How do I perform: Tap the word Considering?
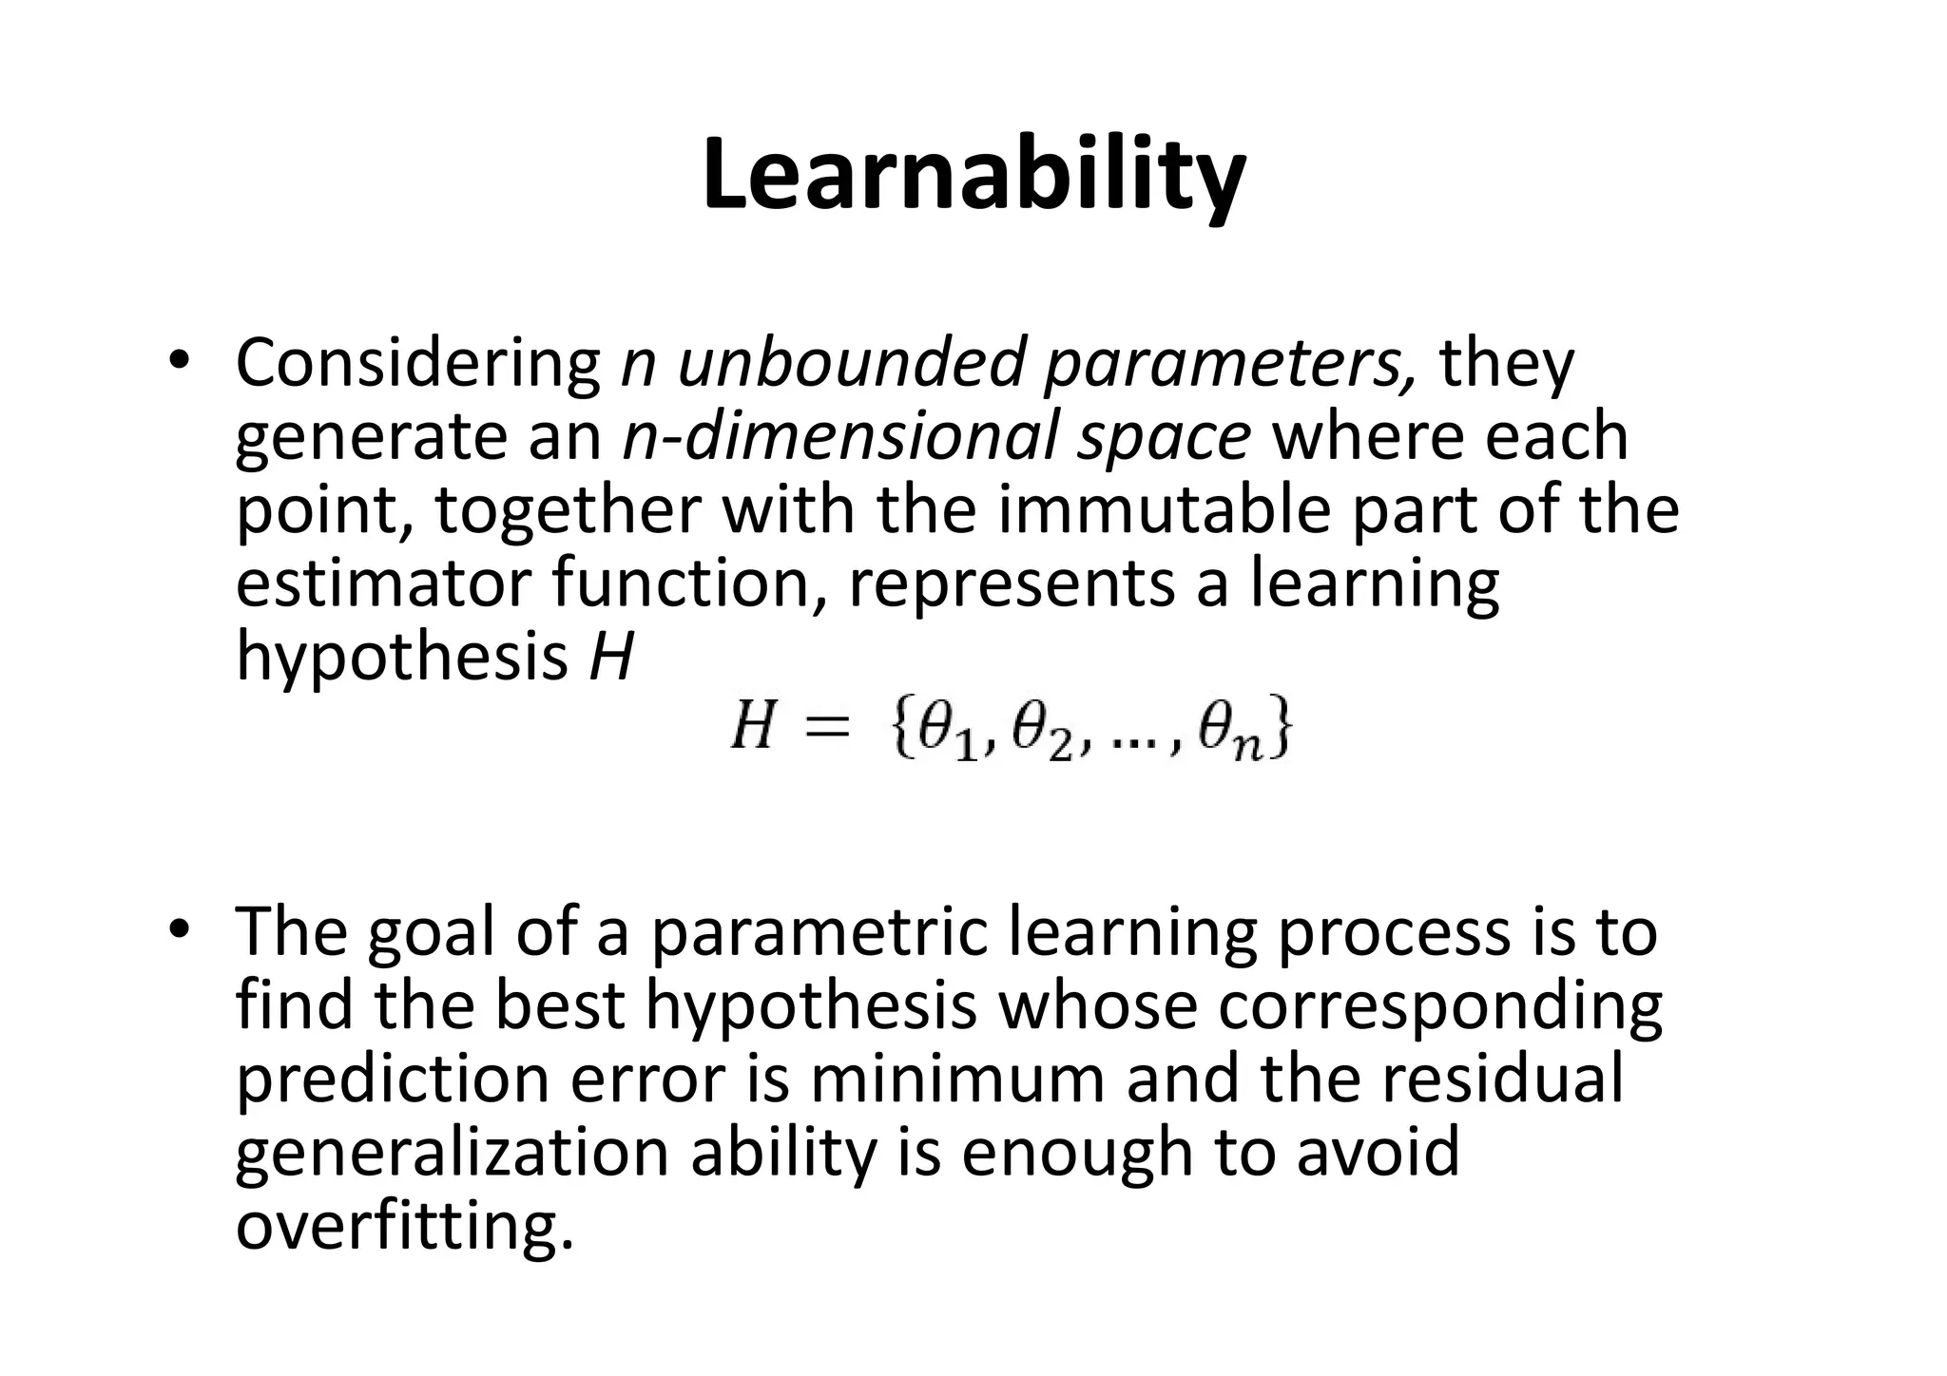(418, 365)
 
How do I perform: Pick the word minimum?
(957, 1080)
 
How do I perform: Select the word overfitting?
(404, 1225)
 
